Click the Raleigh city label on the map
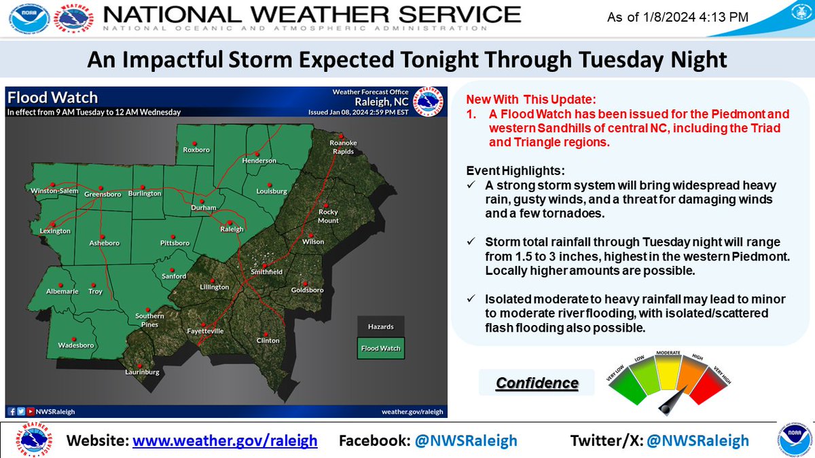coord(232,229)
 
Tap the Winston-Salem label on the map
coord(54,191)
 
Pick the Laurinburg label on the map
coord(142,373)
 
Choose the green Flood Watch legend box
coord(380,348)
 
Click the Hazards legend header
coord(380,326)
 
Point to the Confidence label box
coord(537,383)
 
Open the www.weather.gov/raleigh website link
coord(225,440)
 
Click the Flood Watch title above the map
coord(53,98)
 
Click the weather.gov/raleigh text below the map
coord(412,411)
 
